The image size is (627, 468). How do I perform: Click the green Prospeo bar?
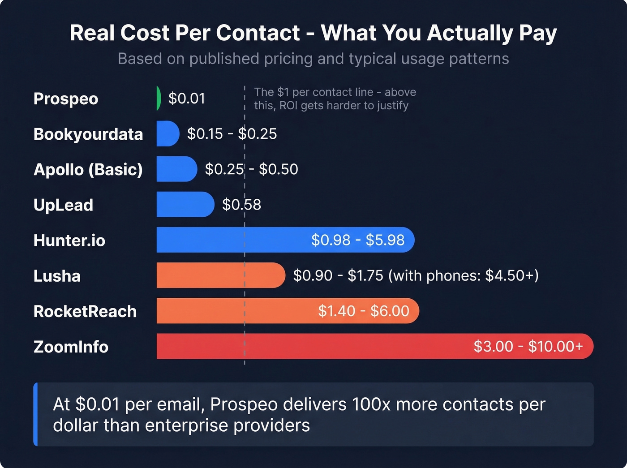[x=159, y=99]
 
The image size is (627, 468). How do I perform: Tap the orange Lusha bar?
[x=220, y=275]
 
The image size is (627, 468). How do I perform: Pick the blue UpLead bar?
[x=185, y=205]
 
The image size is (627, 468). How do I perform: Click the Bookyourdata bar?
[x=167, y=133]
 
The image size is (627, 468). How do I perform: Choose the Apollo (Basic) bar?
[x=176, y=169]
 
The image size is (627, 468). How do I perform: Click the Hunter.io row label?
[x=69, y=240]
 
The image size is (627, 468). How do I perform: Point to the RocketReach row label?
[x=85, y=311]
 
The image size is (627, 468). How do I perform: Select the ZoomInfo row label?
[x=71, y=347]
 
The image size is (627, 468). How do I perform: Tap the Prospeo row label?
[x=66, y=99]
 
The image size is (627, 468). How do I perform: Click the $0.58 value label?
[x=241, y=205]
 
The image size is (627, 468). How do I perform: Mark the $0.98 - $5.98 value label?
[x=358, y=240]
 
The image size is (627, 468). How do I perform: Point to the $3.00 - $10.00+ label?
[x=528, y=346]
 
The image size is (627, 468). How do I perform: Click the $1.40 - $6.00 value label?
[x=363, y=311]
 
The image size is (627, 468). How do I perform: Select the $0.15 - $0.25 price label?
[x=232, y=133]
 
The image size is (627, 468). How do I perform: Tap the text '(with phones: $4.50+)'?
[x=463, y=275]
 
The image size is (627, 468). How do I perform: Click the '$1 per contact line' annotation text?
[x=335, y=99]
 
